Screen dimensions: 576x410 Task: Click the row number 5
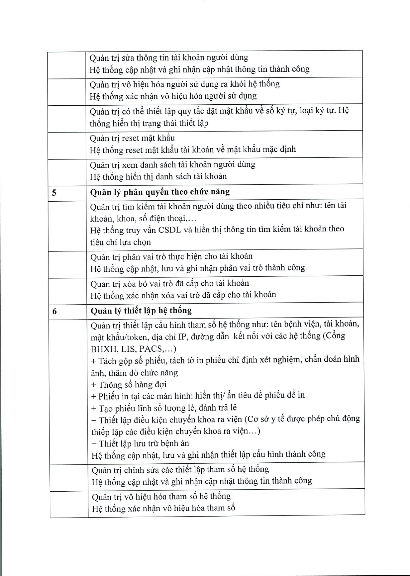coord(54,193)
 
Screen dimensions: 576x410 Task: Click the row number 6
coord(55,312)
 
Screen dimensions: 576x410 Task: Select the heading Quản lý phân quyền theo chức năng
coord(160,192)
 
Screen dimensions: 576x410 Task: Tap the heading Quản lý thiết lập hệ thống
coord(141,311)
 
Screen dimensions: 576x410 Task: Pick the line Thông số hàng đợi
coord(129,385)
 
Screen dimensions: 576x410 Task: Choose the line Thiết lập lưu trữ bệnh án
coord(140,444)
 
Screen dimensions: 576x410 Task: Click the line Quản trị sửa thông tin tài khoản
coord(169,58)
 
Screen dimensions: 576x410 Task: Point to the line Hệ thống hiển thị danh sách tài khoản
coord(158,176)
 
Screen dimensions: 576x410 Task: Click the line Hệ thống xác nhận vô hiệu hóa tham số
coord(163,508)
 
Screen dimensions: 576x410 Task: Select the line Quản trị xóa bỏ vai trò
coord(169,283)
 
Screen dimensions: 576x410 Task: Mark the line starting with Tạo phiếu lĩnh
coord(164,408)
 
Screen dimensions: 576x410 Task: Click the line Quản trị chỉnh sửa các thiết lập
coord(180,470)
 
